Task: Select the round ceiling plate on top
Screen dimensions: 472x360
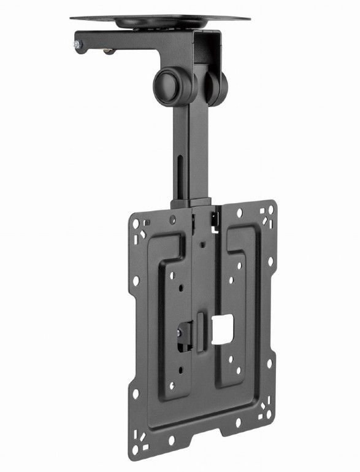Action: pyautogui.click(x=160, y=20)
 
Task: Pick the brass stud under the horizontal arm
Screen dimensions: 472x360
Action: pyautogui.click(x=109, y=51)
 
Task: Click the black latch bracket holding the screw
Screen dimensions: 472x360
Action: pyautogui.click(x=185, y=334)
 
